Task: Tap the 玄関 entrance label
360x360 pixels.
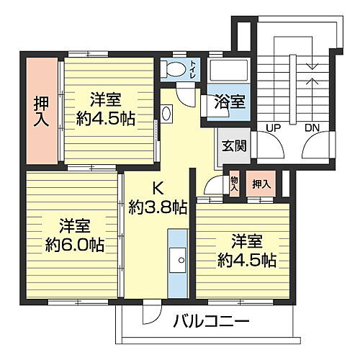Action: pos(234,145)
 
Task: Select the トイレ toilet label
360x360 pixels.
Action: pos(194,71)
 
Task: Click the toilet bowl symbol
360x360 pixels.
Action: pos(174,70)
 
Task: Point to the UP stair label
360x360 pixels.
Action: pos(274,127)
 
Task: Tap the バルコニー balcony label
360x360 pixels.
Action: pos(210,321)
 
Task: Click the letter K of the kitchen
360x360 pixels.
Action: pos(158,189)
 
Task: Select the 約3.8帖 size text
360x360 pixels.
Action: pos(158,208)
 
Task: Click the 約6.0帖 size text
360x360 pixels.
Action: pos(71,245)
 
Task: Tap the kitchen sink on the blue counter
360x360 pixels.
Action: pos(176,259)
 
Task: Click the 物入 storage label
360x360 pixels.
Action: pos(235,184)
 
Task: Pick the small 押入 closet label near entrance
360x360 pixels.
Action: pos(261,184)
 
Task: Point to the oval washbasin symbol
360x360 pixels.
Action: pos(167,113)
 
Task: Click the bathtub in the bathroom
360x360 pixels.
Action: pos(229,71)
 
